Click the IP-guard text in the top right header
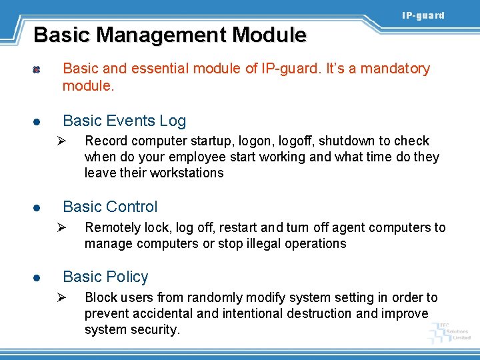(423, 15)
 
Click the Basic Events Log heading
(124, 121)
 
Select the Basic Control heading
(110, 207)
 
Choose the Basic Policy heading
(105, 277)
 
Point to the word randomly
(214, 297)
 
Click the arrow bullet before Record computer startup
(59, 141)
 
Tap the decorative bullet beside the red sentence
(38, 69)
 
